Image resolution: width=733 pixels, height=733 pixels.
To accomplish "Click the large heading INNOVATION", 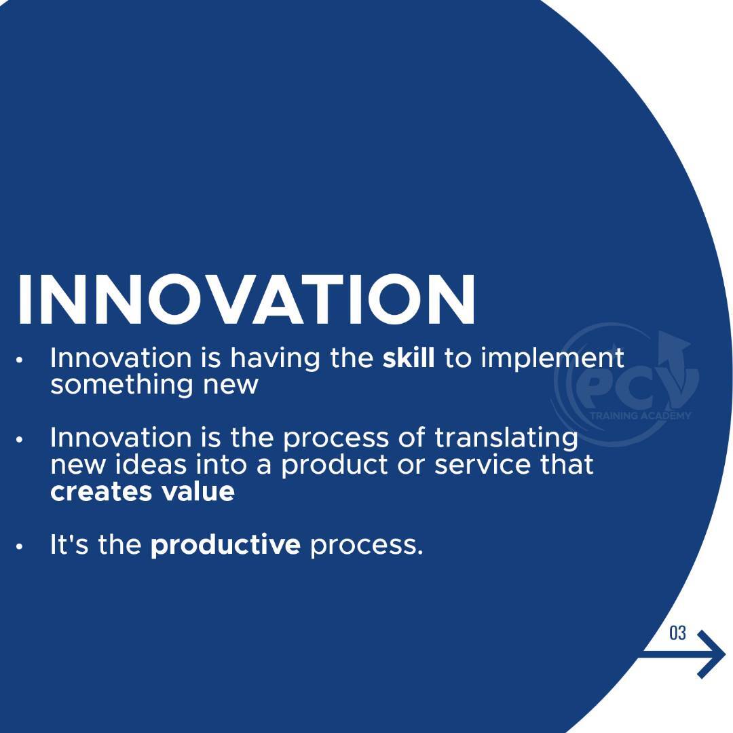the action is [246, 299].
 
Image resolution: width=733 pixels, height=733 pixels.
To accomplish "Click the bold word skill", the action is [409, 358].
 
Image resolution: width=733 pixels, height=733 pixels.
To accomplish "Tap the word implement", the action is [552, 360].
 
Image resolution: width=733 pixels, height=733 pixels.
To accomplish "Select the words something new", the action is [154, 386].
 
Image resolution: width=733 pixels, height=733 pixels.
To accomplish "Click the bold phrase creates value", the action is [142, 492].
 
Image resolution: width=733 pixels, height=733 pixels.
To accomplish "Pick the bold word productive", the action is [225, 546].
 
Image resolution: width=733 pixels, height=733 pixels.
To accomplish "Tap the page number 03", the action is [677, 633].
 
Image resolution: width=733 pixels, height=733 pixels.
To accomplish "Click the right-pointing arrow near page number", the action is [683, 654].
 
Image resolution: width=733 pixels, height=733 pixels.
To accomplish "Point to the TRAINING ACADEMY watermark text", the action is [640, 416].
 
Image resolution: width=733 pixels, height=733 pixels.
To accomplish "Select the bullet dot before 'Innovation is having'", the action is [19, 360].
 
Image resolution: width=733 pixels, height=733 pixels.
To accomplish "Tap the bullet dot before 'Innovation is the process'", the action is [19, 440].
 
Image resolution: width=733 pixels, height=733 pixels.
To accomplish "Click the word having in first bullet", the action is [275, 360].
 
